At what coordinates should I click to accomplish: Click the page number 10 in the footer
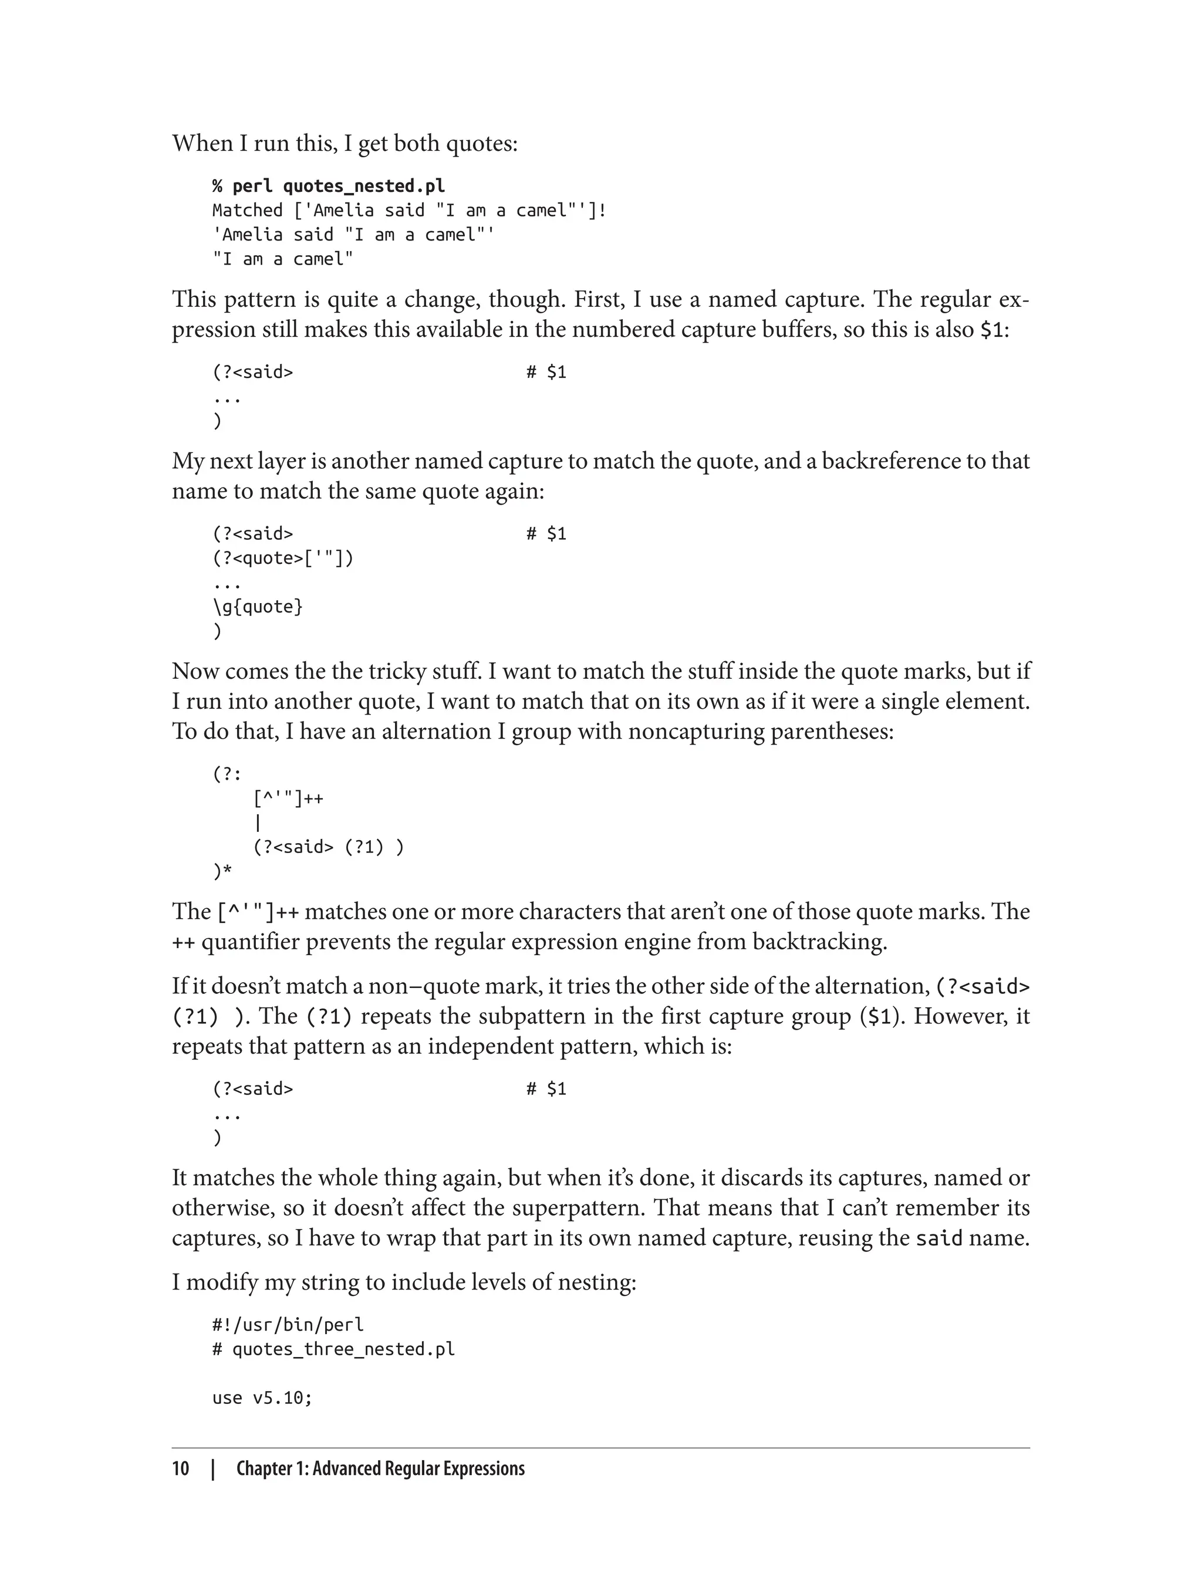pyautogui.click(x=180, y=1469)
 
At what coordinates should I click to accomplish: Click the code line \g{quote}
pyautogui.click(x=258, y=607)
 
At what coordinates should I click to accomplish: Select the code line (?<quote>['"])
pyautogui.click(x=283, y=559)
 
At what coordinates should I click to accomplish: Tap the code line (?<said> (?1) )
pyautogui.click(x=329, y=848)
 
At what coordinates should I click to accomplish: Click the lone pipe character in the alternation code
pyautogui.click(x=258, y=823)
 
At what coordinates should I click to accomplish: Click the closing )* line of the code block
pyautogui.click(x=222, y=872)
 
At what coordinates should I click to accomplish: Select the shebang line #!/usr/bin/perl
pyautogui.click(x=288, y=1325)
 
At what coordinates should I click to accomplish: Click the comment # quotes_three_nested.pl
pyautogui.click(x=333, y=1349)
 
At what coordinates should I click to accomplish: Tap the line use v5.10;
pyautogui.click(x=262, y=1398)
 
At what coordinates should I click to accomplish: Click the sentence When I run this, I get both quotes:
pyautogui.click(x=345, y=144)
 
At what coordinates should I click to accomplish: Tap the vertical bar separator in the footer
pyautogui.click(x=212, y=1469)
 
